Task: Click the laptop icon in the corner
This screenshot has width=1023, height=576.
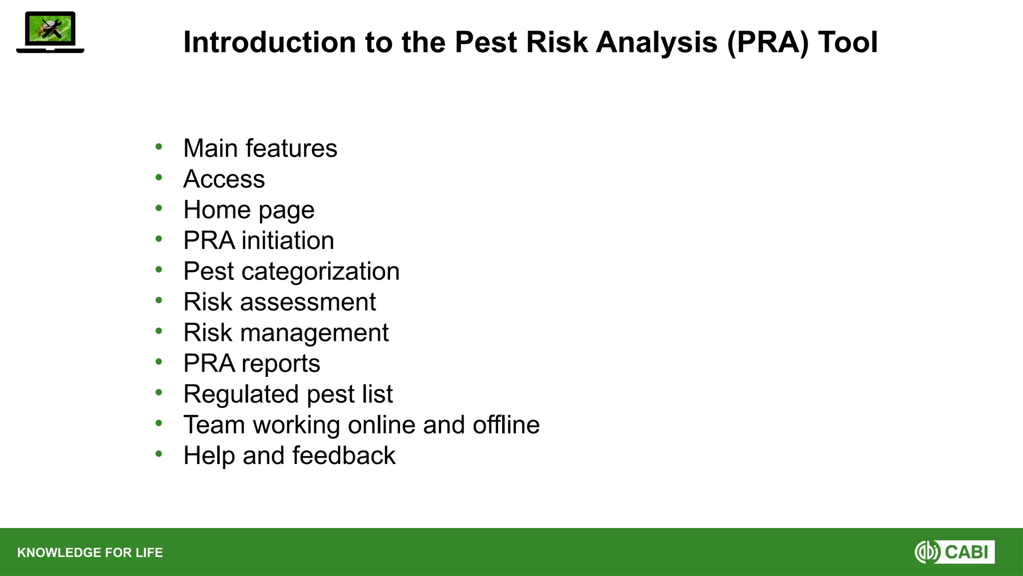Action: click(50, 32)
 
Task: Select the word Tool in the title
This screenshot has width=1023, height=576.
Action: click(848, 42)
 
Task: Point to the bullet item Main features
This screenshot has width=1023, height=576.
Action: click(260, 148)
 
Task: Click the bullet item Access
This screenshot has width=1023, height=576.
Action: click(224, 179)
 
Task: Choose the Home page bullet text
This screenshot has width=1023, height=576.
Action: click(249, 210)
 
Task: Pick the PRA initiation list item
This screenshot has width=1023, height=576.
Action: click(258, 240)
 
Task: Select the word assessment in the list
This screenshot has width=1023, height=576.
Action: click(308, 302)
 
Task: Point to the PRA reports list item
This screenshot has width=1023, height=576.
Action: click(251, 363)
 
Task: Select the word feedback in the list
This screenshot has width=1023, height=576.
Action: click(344, 455)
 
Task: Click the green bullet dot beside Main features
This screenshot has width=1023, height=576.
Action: click(159, 146)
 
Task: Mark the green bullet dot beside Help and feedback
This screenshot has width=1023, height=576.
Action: click(159, 453)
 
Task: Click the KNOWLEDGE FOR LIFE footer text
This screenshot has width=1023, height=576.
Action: click(90, 552)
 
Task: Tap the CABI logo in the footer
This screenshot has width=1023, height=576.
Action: click(954, 552)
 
